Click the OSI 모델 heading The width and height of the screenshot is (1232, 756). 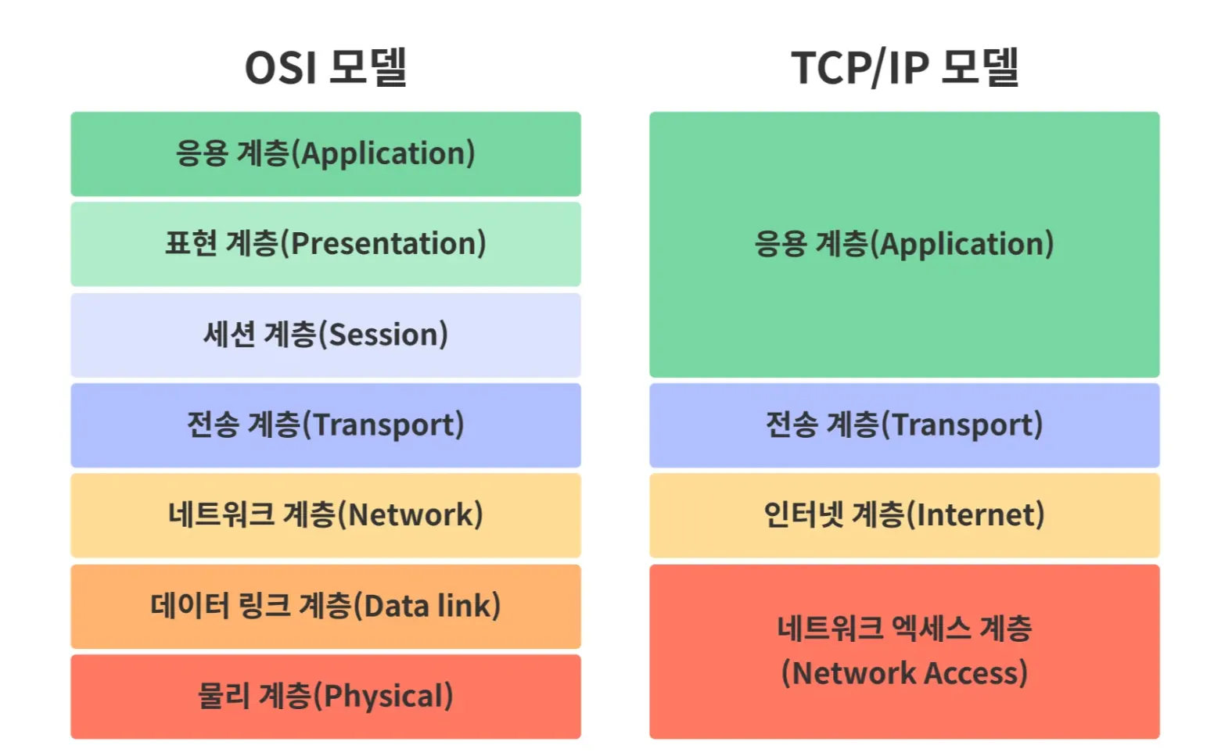(325, 67)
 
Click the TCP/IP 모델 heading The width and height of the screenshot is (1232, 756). (905, 67)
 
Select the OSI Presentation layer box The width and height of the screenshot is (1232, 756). (325, 244)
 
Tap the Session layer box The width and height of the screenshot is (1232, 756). (325, 335)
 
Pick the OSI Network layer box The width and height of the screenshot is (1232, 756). (325, 516)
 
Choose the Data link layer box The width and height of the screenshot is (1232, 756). (325, 607)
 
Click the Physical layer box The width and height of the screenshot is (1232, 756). (325, 697)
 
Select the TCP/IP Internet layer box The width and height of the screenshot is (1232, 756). (904, 516)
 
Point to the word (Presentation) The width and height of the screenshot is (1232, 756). (383, 244)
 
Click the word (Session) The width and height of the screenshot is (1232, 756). (383, 335)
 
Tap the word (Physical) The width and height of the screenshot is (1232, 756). (383, 696)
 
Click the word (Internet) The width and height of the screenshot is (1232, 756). (975, 515)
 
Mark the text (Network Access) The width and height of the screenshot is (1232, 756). (905, 673)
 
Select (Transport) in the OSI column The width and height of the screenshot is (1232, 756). (383, 425)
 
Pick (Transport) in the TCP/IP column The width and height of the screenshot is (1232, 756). (962, 425)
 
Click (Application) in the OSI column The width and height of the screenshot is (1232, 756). (383, 153)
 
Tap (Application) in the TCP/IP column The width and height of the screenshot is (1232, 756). (962, 244)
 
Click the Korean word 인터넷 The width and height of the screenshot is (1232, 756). (803, 514)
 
